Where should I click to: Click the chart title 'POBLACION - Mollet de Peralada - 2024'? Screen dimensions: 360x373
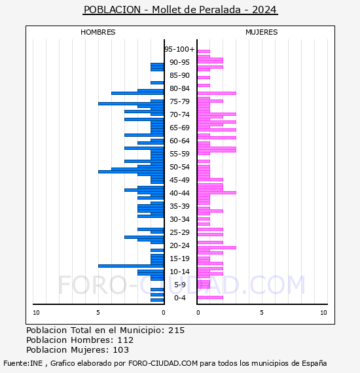pos(180,10)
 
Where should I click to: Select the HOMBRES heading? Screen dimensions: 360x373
pos(98,32)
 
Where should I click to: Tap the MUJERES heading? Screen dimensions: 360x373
pos(262,32)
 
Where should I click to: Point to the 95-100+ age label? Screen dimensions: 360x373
pos(180,49)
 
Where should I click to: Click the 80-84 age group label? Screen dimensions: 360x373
pos(179,88)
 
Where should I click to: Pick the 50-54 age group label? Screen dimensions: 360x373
pos(179,167)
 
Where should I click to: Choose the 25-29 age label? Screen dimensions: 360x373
pos(179,232)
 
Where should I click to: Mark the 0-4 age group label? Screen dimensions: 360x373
pos(180,298)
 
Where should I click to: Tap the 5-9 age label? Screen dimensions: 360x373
pos(180,285)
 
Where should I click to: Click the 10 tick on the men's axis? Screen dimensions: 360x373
pos(36,313)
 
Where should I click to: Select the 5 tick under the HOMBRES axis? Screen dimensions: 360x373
pos(98,313)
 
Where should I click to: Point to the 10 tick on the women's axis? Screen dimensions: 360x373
pos(323,313)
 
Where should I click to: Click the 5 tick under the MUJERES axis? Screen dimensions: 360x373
pos(262,313)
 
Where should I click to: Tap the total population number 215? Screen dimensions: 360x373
pos(176,330)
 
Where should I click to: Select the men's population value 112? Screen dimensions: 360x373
pos(126,340)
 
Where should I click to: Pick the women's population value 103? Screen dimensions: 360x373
pos(120,349)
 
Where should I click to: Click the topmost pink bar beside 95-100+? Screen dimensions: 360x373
pos(204,51)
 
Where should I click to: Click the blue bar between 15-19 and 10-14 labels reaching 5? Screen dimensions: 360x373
pos(131,266)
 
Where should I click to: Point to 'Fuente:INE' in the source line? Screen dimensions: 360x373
pos(23,363)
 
